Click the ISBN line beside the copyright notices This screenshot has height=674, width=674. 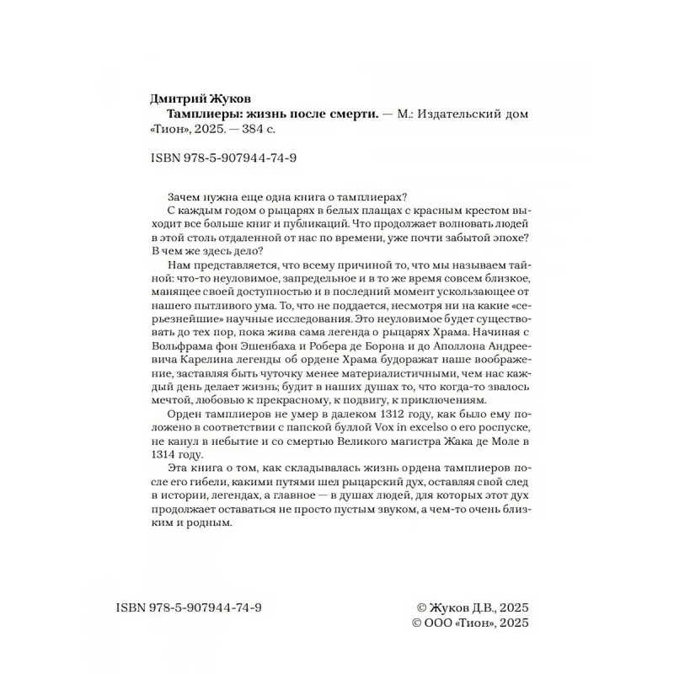[x=190, y=607]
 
